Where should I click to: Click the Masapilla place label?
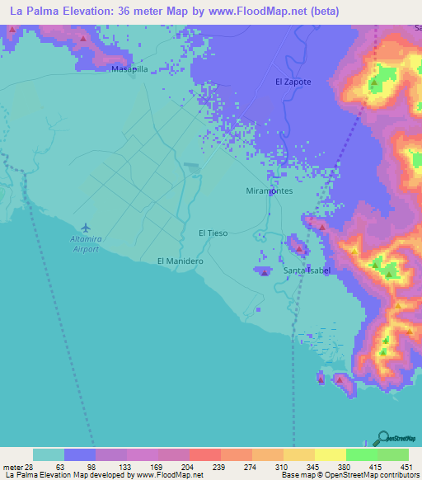click(x=129, y=70)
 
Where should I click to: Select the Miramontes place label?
click(x=270, y=191)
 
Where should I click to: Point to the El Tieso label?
click(x=213, y=233)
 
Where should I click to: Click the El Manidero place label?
click(x=181, y=261)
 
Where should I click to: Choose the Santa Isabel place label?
click(x=307, y=271)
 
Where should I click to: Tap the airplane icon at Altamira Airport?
click(x=85, y=227)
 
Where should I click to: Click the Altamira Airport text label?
click(x=84, y=242)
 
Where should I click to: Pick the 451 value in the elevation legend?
click(x=408, y=467)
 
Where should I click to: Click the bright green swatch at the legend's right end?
click(x=393, y=454)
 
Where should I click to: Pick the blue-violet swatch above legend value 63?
click(x=80, y=454)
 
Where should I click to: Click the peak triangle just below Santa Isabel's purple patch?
click(x=263, y=274)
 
